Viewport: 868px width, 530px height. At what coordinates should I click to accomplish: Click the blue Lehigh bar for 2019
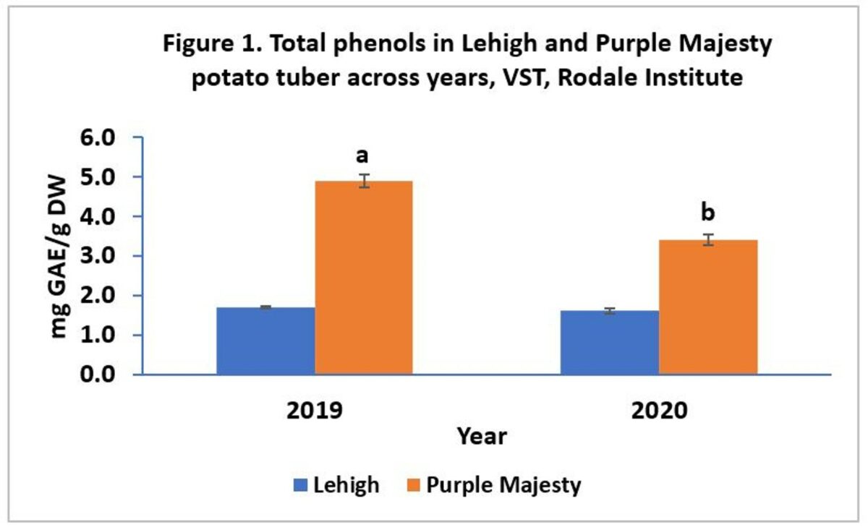click(265, 341)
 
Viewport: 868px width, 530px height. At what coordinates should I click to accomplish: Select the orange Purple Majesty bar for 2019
click(364, 278)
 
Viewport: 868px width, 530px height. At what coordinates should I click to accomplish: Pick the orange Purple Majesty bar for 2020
click(708, 307)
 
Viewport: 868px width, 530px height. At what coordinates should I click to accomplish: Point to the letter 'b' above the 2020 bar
click(709, 213)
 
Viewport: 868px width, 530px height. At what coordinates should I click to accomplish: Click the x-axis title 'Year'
click(481, 437)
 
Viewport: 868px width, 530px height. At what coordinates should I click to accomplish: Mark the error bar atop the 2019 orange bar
click(365, 181)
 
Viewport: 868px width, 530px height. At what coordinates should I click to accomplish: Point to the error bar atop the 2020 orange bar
click(709, 240)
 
